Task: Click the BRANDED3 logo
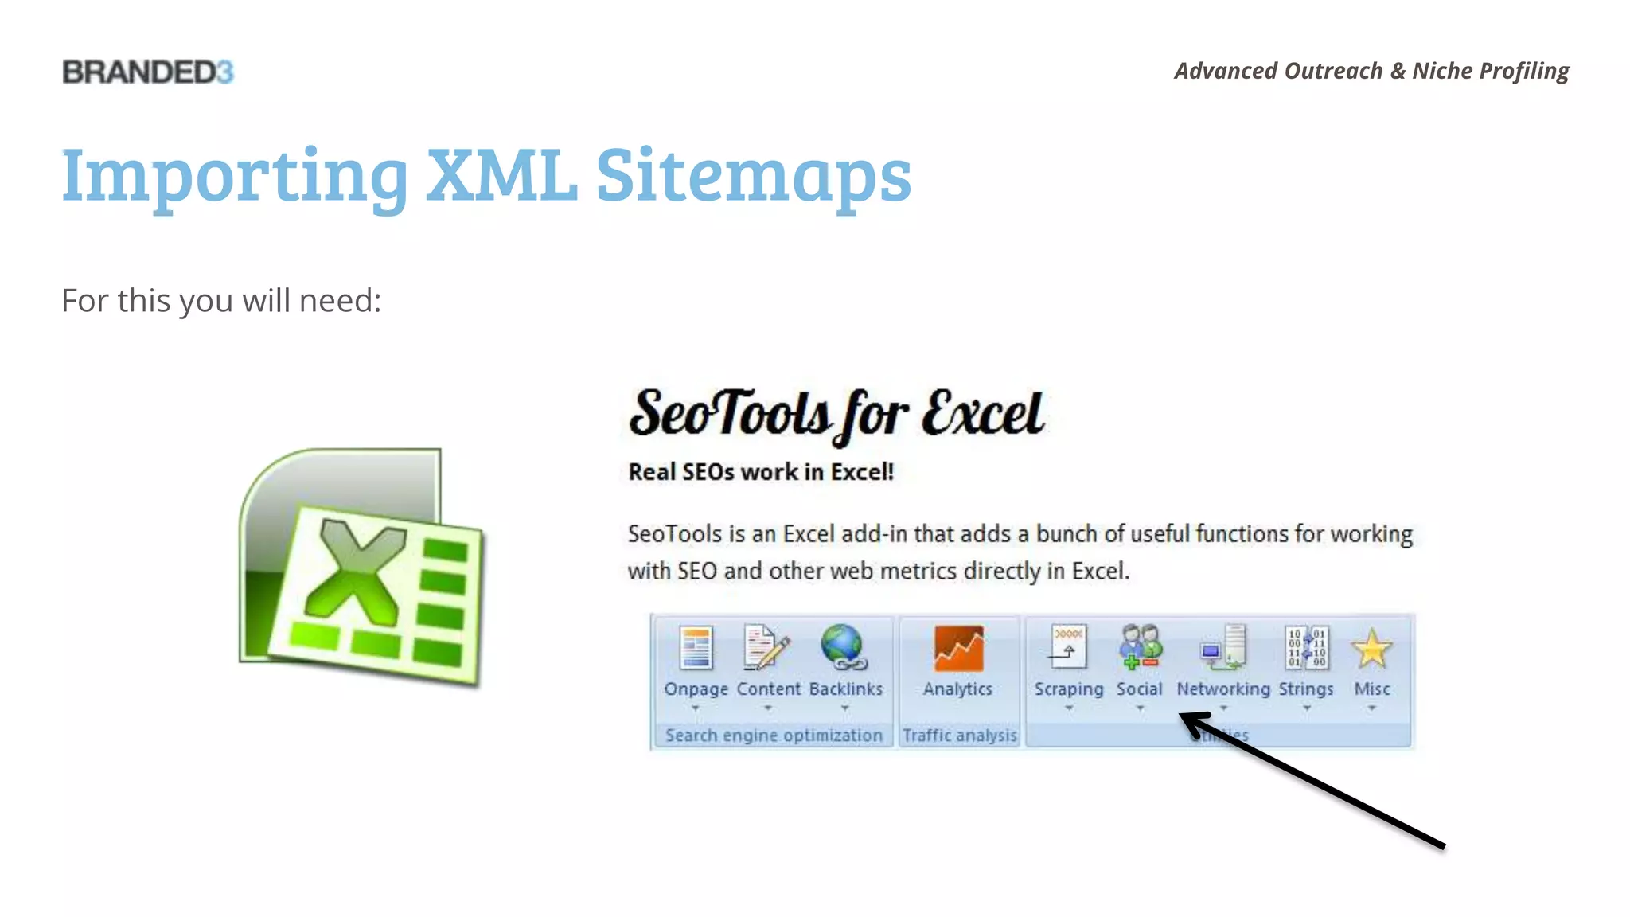click(148, 72)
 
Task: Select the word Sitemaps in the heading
click(753, 177)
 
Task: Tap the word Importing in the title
click(235, 177)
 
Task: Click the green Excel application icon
click(362, 567)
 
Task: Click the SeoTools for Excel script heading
click(836, 415)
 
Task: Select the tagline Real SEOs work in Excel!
click(761, 472)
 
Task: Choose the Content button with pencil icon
click(766, 648)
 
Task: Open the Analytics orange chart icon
click(958, 650)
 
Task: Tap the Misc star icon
click(1372, 650)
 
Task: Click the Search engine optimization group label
click(774, 736)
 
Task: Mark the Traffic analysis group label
click(960, 736)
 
